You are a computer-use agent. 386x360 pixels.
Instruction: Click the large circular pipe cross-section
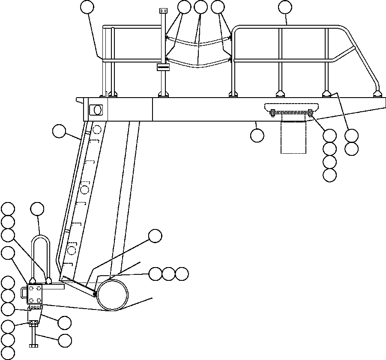(x=112, y=294)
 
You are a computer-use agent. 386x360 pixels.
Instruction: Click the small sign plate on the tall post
(x=163, y=67)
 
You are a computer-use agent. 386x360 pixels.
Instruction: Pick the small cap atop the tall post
(x=163, y=10)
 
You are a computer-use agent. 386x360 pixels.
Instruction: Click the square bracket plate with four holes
(x=35, y=295)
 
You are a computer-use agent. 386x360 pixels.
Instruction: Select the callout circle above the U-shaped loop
(x=37, y=209)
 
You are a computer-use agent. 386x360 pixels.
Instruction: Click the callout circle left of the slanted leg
(x=59, y=131)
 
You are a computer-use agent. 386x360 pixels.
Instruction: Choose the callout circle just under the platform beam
(x=257, y=135)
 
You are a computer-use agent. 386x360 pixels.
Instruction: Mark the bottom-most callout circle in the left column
(x=8, y=353)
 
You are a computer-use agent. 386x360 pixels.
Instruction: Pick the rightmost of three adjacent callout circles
(x=182, y=274)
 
